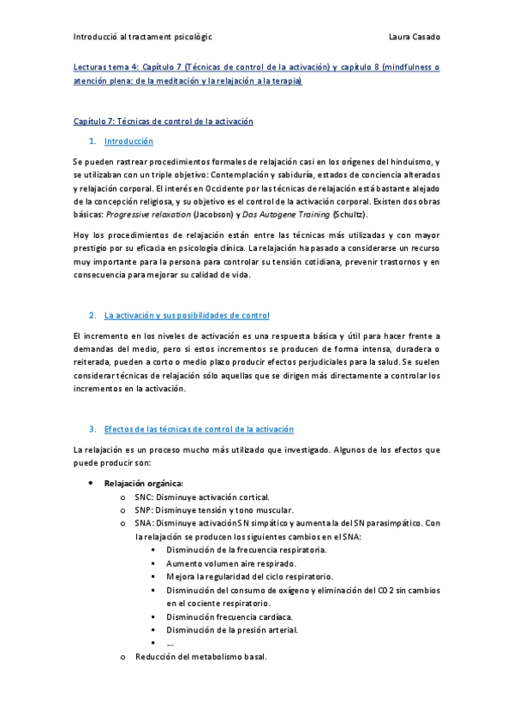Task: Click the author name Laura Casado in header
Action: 414,38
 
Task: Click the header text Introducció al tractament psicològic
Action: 143,38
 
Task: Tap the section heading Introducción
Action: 128,140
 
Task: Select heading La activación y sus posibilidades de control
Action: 186,315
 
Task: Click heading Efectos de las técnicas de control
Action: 198,428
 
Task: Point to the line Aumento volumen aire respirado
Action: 232,563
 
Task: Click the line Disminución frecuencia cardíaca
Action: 230,616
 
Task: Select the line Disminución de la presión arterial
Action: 233,630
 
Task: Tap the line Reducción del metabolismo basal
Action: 201,657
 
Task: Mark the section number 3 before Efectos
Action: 92,428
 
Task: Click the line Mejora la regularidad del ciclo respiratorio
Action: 250,577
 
